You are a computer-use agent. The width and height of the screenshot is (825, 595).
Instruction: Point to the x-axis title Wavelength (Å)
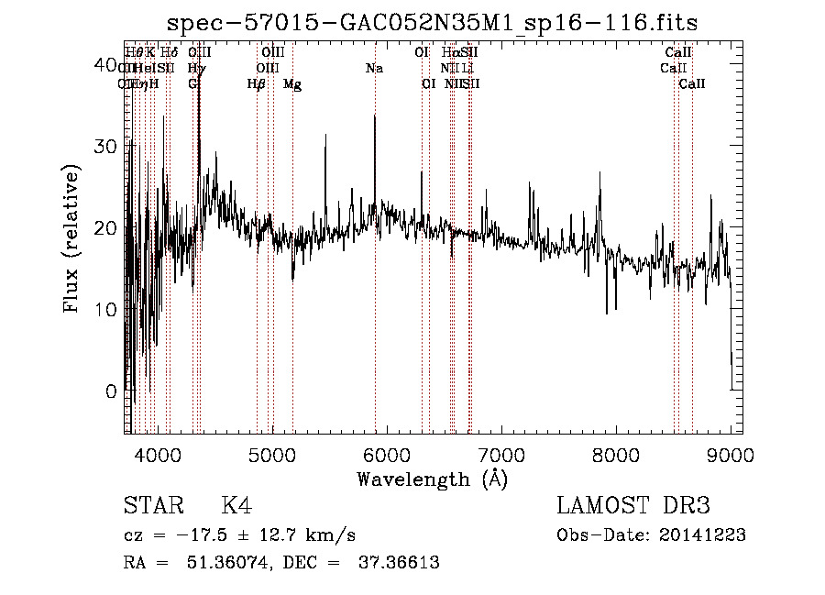[432, 479]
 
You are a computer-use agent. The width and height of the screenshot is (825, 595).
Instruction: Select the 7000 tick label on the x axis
[501, 454]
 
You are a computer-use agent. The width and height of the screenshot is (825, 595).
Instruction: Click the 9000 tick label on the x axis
[731, 454]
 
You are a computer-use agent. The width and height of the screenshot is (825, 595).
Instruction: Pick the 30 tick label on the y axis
[106, 147]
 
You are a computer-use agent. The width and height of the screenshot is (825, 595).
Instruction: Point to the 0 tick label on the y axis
[112, 391]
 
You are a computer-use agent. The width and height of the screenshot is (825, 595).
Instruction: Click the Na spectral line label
[374, 68]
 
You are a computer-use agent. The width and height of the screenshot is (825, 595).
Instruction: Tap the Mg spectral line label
[292, 84]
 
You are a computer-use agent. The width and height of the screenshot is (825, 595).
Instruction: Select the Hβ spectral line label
[257, 84]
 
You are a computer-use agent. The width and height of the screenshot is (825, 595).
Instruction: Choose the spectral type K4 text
[236, 506]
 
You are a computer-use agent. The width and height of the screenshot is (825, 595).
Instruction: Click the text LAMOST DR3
[633, 506]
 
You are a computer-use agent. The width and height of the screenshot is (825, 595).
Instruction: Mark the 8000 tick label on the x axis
[616, 454]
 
